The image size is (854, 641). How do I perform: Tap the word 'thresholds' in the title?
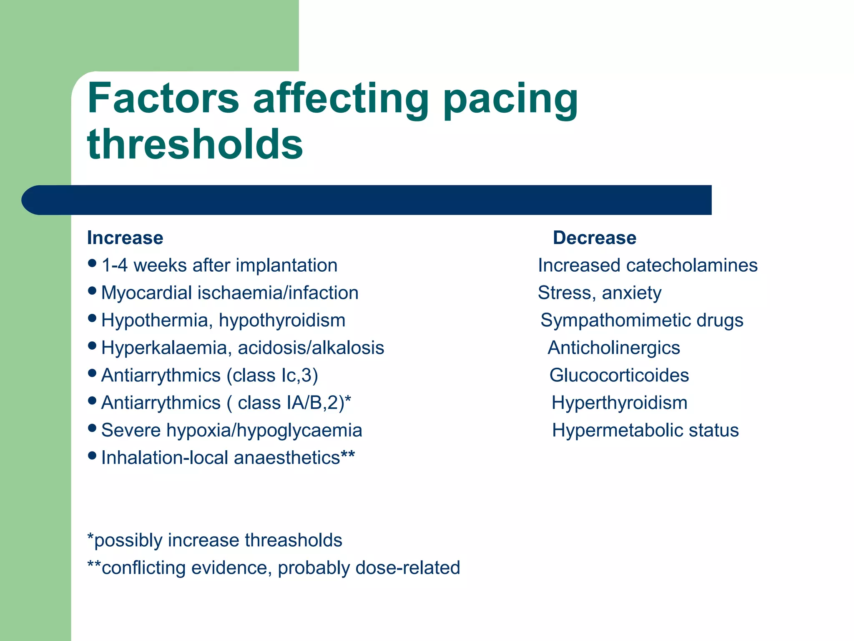(195, 144)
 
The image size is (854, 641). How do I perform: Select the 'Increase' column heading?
(125, 238)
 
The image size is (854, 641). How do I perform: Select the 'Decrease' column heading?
(595, 238)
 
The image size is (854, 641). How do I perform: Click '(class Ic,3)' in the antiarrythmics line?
(273, 375)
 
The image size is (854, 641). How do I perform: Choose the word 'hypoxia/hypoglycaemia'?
(264, 430)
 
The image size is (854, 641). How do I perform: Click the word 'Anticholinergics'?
(614, 348)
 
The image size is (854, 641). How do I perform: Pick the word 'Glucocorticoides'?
(619, 375)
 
